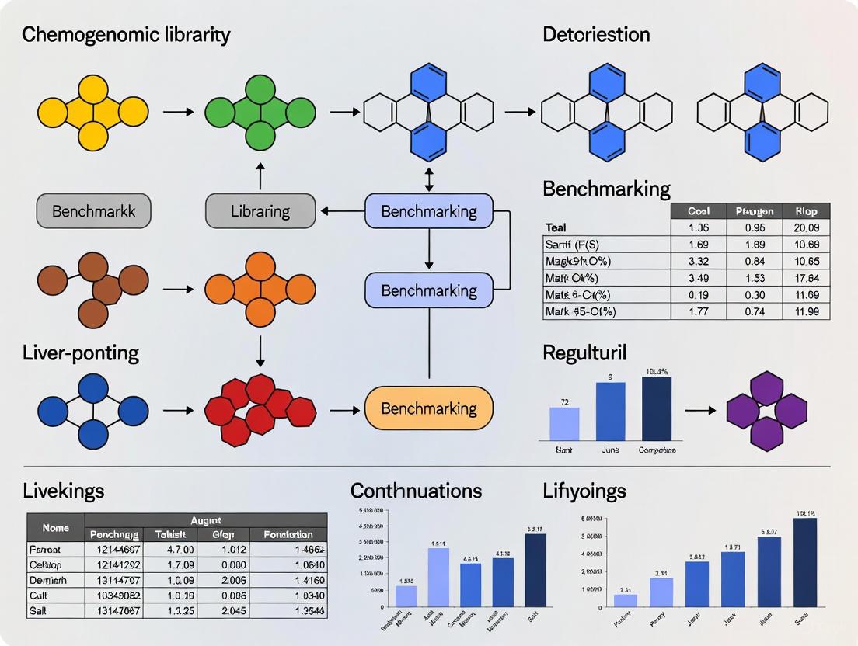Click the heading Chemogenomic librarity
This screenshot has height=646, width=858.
(126, 34)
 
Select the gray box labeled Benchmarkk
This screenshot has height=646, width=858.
(93, 211)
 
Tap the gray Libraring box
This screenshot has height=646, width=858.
(260, 211)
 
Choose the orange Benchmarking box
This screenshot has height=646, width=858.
(429, 408)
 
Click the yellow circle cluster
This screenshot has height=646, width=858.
(92, 113)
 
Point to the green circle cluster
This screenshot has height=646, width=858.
(260, 113)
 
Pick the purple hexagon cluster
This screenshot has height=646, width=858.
(766, 411)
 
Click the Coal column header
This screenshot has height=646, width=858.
(698, 211)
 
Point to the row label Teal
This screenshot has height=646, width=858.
(556, 227)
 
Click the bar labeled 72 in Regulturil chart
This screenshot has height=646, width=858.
(564, 424)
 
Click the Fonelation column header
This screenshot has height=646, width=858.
(288, 534)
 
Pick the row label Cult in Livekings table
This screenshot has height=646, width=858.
(40, 596)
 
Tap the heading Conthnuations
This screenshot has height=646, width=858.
(416, 491)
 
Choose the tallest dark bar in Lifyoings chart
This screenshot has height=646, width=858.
(805, 561)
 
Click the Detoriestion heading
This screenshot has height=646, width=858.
(596, 34)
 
